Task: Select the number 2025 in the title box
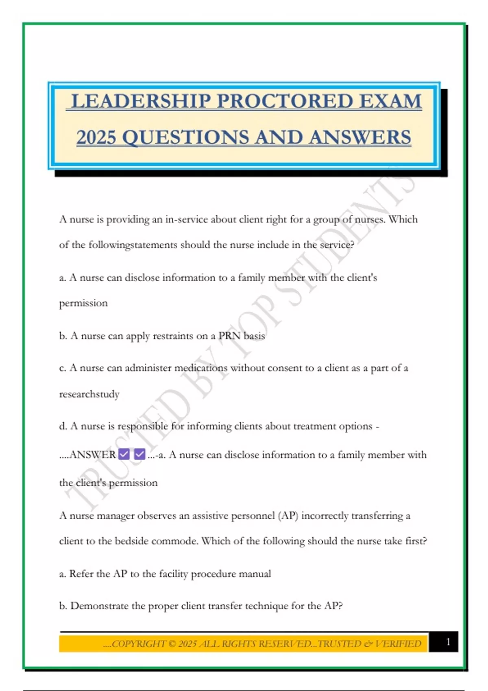[x=96, y=137]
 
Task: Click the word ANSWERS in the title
[x=360, y=137]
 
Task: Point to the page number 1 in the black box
[x=448, y=642]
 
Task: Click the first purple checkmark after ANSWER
[x=124, y=454]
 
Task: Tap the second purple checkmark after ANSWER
[x=139, y=454]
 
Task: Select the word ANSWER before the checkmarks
[x=93, y=454]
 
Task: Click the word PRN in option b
[x=229, y=336]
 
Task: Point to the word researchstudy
[x=89, y=394]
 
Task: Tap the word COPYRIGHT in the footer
[x=139, y=644]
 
